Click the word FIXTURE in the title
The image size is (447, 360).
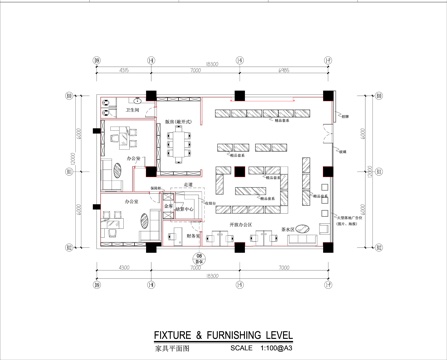click(x=172, y=338)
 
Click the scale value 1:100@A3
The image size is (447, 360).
click(x=279, y=349)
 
